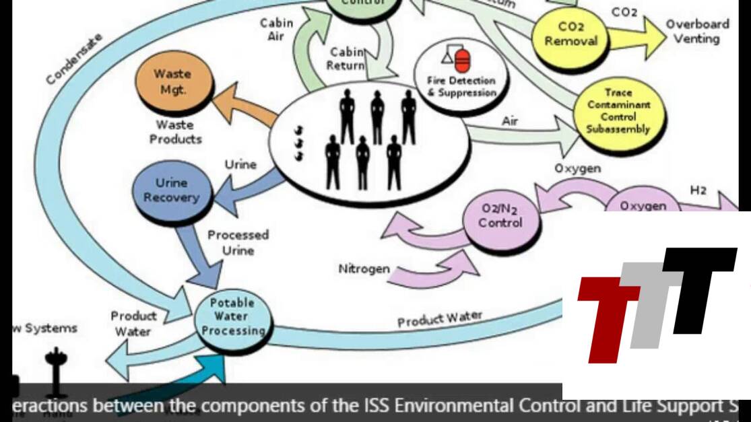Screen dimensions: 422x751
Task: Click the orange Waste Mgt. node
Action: pos(172,81)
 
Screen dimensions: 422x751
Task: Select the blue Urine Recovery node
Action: pos(172,190)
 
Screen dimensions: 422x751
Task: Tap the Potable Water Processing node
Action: pos(233,318)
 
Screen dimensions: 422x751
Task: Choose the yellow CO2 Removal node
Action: pos(570,34)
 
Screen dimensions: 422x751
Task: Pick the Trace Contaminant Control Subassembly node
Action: pos(618,110)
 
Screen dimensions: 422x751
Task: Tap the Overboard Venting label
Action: pos(697,32)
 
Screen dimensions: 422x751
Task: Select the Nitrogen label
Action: pos(364,269)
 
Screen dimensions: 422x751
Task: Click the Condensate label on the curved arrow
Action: pos(75,59)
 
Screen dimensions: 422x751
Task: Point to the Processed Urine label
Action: pos(238,242)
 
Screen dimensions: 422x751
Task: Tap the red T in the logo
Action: pos(606,313)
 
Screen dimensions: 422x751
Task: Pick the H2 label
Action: pos(698,190)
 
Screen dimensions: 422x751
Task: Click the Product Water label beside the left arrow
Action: pos(133,323)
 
